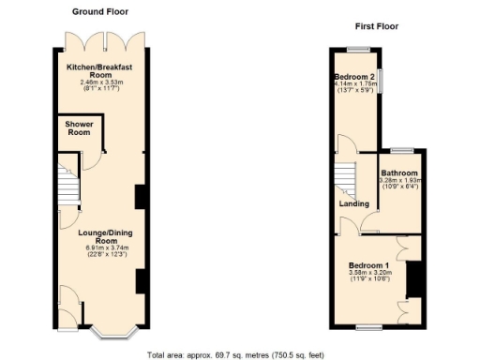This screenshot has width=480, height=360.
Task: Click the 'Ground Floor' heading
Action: pos(98,11)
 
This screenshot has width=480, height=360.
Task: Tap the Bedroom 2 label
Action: pos(356,76)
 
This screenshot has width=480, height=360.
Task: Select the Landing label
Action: pos(353,202)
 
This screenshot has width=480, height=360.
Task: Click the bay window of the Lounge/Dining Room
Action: pos(113,330)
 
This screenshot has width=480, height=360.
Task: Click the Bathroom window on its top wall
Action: pos(402,149)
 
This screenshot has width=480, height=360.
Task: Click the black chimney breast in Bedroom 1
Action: pos(410,279)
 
